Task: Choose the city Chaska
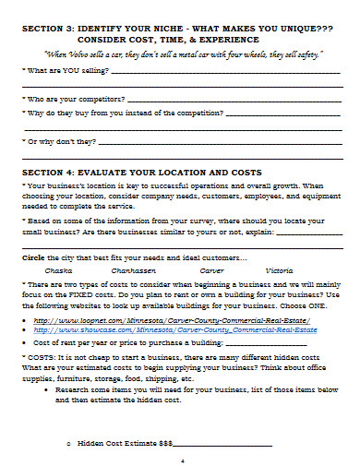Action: click(58, 271)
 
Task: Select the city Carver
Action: click(211, 271)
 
